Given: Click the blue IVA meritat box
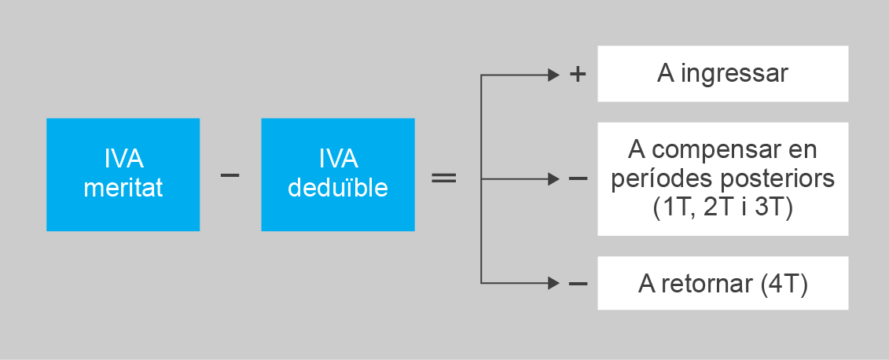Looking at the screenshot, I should (123, 174).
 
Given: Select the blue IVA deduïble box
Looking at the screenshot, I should (337, 174).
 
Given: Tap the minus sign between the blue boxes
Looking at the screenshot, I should (230, 174).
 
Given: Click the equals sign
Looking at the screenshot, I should (444, 178).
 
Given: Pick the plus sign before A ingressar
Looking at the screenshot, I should (578, 75).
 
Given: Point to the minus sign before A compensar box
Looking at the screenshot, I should (578, 179).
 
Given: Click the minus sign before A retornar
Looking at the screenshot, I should (578, 283).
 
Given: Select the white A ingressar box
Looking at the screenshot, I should (722, 74).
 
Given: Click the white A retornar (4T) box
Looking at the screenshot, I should (722, 283).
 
